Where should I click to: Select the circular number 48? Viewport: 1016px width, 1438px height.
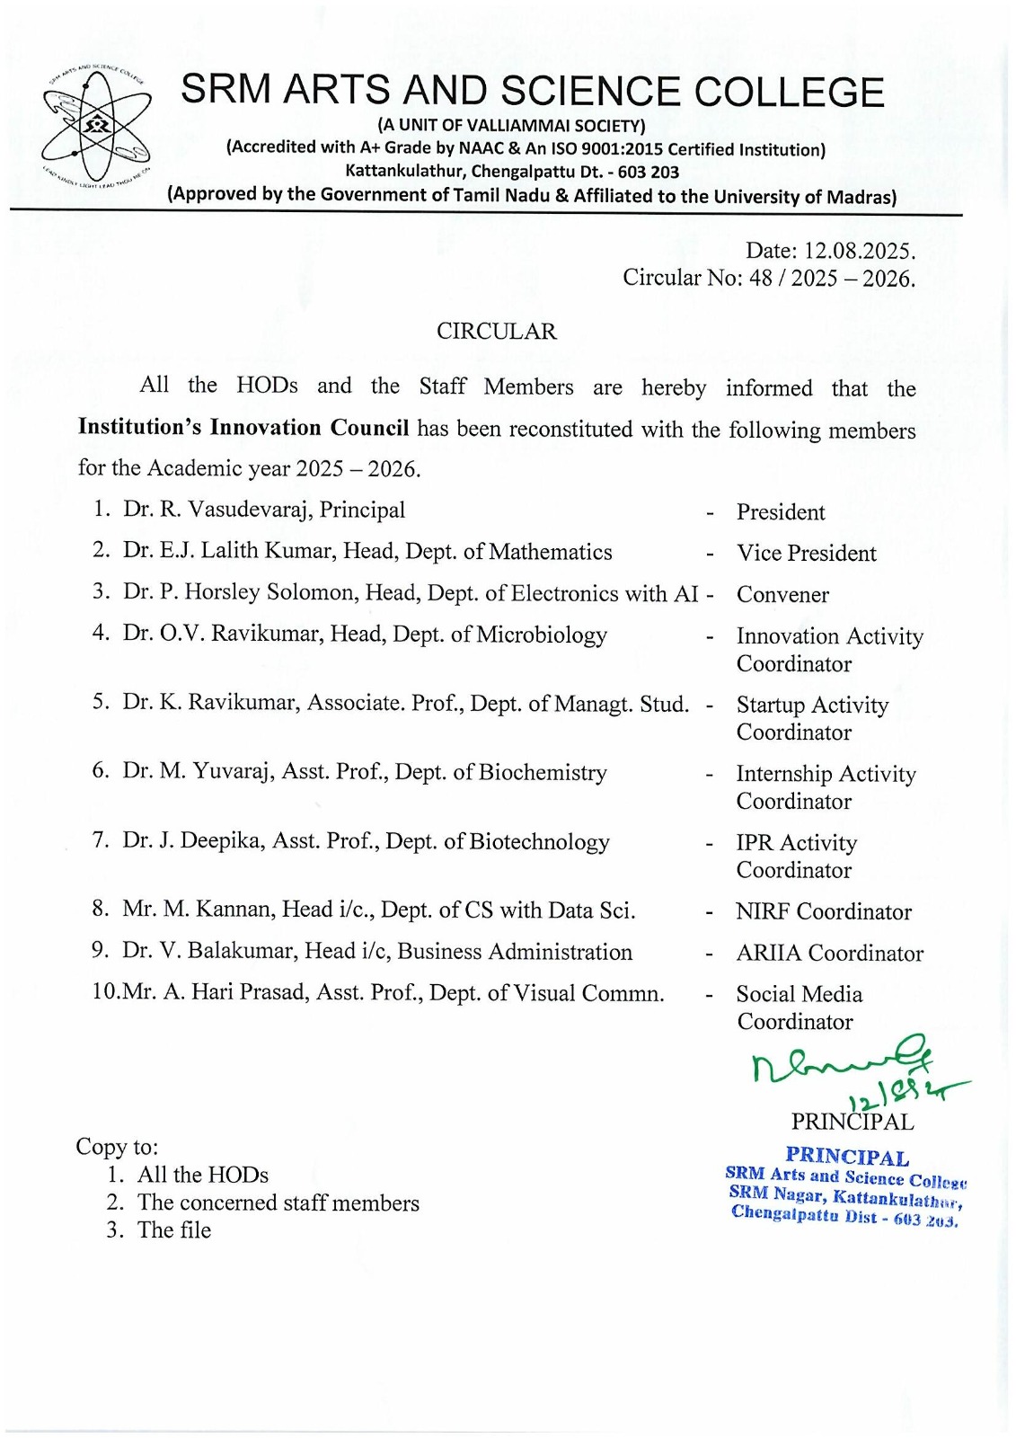760,278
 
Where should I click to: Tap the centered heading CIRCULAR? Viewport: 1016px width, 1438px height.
496,332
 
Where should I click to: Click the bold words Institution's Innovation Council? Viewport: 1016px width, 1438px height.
243,428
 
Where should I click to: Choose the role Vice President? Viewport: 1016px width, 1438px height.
806,554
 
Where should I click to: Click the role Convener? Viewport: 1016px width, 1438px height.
782,595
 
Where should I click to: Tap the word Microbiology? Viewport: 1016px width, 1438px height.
542,635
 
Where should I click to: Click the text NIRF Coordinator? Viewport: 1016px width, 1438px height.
823,912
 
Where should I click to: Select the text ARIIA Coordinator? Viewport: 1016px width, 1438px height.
829,954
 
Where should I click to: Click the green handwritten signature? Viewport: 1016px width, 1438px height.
844,1070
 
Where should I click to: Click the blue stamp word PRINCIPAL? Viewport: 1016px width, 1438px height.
847,1157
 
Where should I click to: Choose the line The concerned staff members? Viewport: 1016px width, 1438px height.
278,1203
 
